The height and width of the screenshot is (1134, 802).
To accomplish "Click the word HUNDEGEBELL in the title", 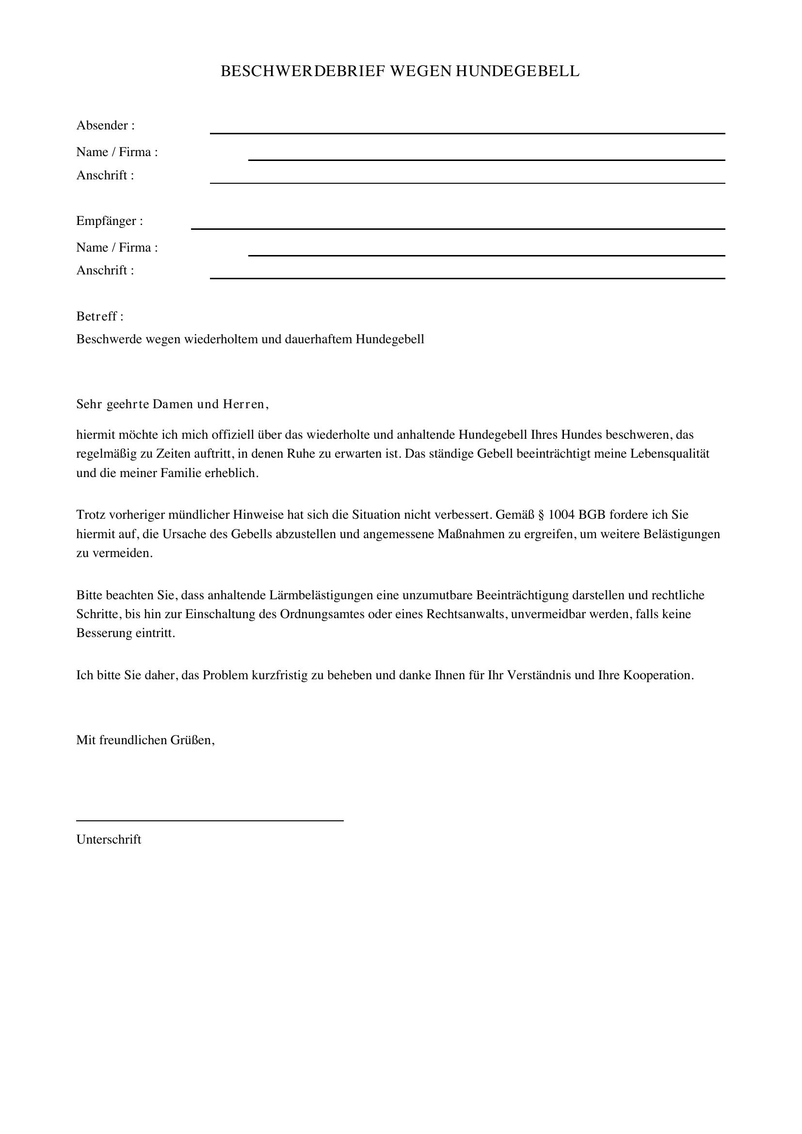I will pyautogui.click(x=517, y=72).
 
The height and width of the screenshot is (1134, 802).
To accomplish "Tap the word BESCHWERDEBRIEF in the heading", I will pyautogui.click(x=302, y=72).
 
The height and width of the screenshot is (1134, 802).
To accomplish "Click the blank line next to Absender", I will pyautogui.click(x=467, y=132).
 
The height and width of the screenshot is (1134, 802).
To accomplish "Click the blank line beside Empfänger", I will pyautogui.click(x=458, y=228).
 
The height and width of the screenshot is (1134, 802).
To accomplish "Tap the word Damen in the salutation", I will pyautogui.click(x=173, y=404).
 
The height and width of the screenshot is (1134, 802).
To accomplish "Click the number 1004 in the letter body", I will pyautogui.click(x=561, y=515).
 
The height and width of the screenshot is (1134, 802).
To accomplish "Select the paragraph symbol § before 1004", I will pyautogui.click(x=540, y=515).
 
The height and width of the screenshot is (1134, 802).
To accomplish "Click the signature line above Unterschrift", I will pyautogui.click(x=209, y=820).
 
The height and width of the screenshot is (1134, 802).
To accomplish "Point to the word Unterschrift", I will pyautogui.click(x=109, y=840).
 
